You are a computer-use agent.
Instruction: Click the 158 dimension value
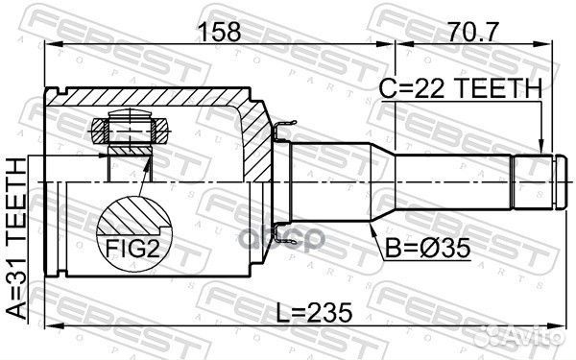point(220,32)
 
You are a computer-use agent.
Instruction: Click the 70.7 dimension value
point(465,32)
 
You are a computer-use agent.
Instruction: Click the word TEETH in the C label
point(503,89)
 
